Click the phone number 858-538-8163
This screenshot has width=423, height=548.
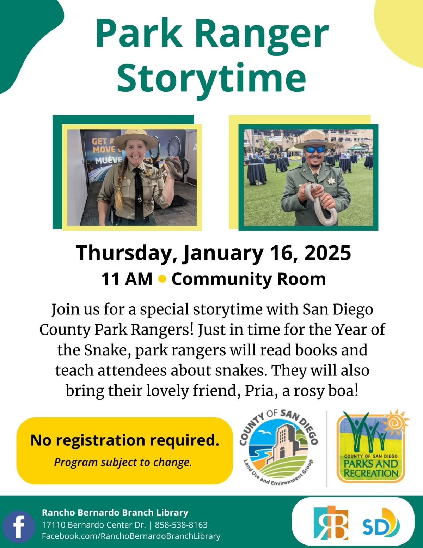coord(181,524)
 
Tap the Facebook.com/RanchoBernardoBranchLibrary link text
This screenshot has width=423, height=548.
coord(131,536)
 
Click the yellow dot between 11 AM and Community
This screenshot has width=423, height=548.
coord(163,279)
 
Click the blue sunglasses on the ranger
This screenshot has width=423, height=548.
coord(315,150)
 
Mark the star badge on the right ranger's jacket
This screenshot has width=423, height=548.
coord(331,181)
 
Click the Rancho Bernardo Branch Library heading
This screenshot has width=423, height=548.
coord(115,512)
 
